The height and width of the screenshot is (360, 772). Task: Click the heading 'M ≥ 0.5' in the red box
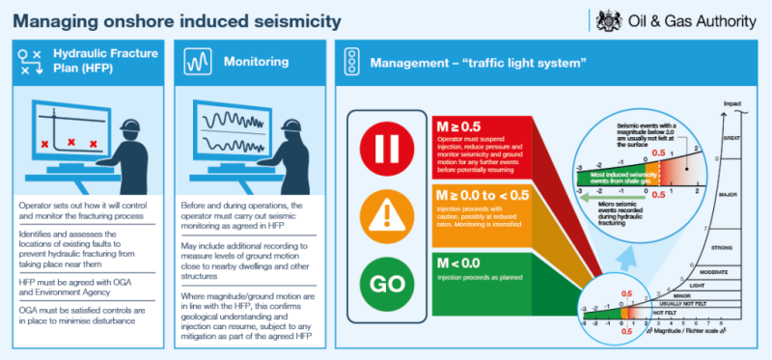(458, 125)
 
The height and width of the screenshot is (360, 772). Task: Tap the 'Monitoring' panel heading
(256, 62)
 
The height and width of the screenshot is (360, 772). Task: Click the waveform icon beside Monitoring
(199, 63)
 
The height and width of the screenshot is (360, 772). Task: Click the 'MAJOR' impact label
(728, 195)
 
